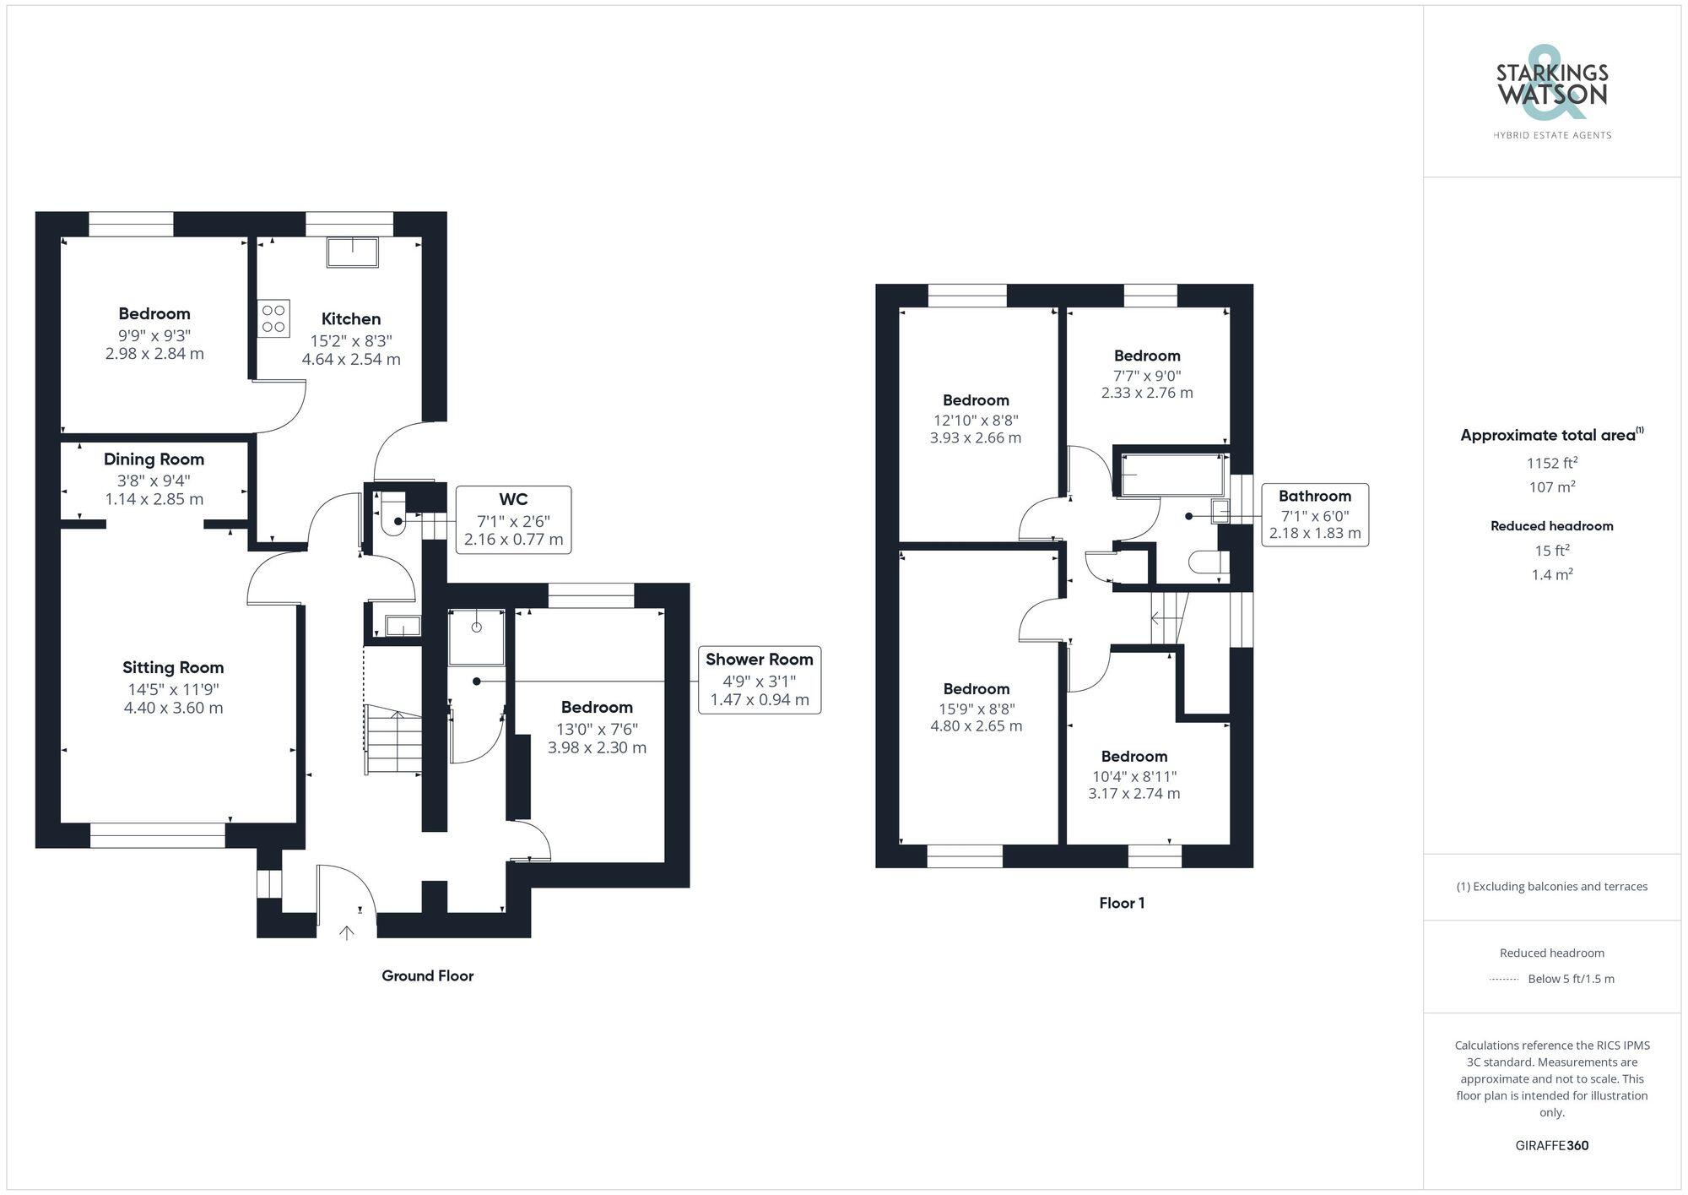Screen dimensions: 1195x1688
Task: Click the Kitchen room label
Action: tap(351, 319)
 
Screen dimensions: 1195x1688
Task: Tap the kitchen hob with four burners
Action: tap(273, 318)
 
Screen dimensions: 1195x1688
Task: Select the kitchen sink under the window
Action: tap(353, 252)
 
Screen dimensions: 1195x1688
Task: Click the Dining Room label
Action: tap(154, 459)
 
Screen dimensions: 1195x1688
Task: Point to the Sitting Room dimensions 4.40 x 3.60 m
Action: tap(173, 709)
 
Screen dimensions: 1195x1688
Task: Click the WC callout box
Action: tap(513, 519)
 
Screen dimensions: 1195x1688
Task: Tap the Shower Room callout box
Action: tap(759, 679)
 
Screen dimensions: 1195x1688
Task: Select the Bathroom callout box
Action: tap(1314, 514)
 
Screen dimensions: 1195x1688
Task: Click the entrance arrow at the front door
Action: tap(347, 932)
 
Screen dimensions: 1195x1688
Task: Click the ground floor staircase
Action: tap(393, 739)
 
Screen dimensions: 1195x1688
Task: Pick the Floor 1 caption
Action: tap(1122, 903)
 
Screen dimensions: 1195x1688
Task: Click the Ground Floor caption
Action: tap(427, 975)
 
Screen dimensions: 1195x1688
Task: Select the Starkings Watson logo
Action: tap(1551, 93)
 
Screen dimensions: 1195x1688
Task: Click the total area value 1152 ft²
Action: tap(1551, 463)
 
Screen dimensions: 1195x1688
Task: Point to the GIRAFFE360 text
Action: tap(1551, 1145)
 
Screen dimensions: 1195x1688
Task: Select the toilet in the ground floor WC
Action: tap(393, 516)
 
